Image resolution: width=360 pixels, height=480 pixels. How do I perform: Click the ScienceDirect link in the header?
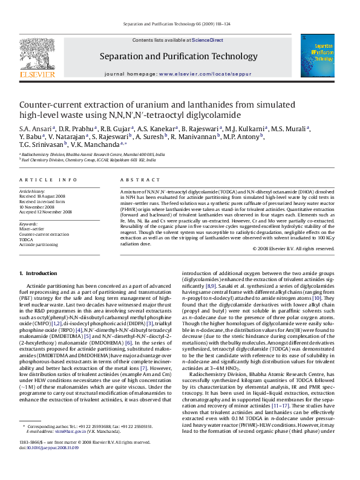[208, 39]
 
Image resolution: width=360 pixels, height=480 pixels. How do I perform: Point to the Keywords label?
[28, 223]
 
